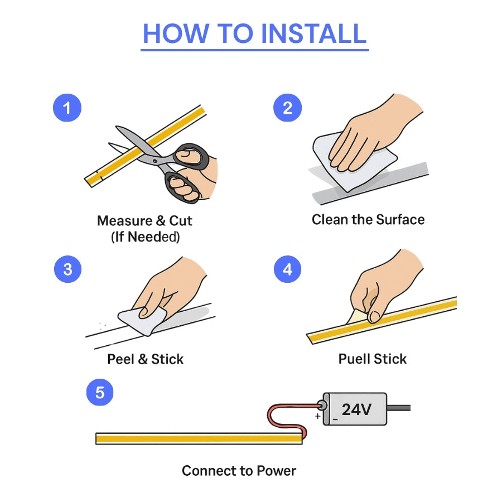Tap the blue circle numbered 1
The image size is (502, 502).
67,108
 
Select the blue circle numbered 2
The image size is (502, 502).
287,108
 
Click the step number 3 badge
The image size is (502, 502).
67,269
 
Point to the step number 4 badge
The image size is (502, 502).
287,269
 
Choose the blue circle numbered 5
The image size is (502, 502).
100,393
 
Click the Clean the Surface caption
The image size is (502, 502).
368,220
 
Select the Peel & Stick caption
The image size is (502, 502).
145,359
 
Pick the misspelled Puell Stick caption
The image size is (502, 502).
373,359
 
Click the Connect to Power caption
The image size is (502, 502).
239,471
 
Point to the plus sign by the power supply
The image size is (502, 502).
317,416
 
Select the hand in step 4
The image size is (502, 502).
385,284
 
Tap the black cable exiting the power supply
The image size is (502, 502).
399,408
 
